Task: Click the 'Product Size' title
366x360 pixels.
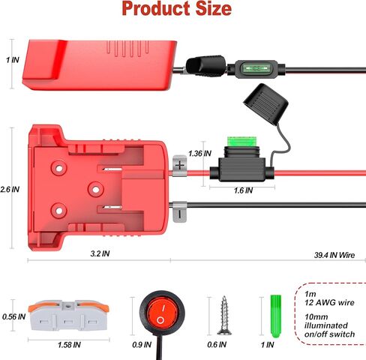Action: click(177, 8)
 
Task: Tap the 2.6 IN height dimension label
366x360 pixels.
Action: click(10, 190)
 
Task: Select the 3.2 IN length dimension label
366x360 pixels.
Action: click(100, 253)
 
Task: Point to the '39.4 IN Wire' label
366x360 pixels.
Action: click(334, 255)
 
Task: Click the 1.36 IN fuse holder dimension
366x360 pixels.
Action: click(199, 154)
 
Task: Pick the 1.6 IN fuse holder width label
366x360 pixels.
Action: click(243, 190)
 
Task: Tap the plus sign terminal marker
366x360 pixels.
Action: click(180, 165)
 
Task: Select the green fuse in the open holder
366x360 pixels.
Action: click(242, 142)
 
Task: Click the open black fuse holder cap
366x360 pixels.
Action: click(265, 103)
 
